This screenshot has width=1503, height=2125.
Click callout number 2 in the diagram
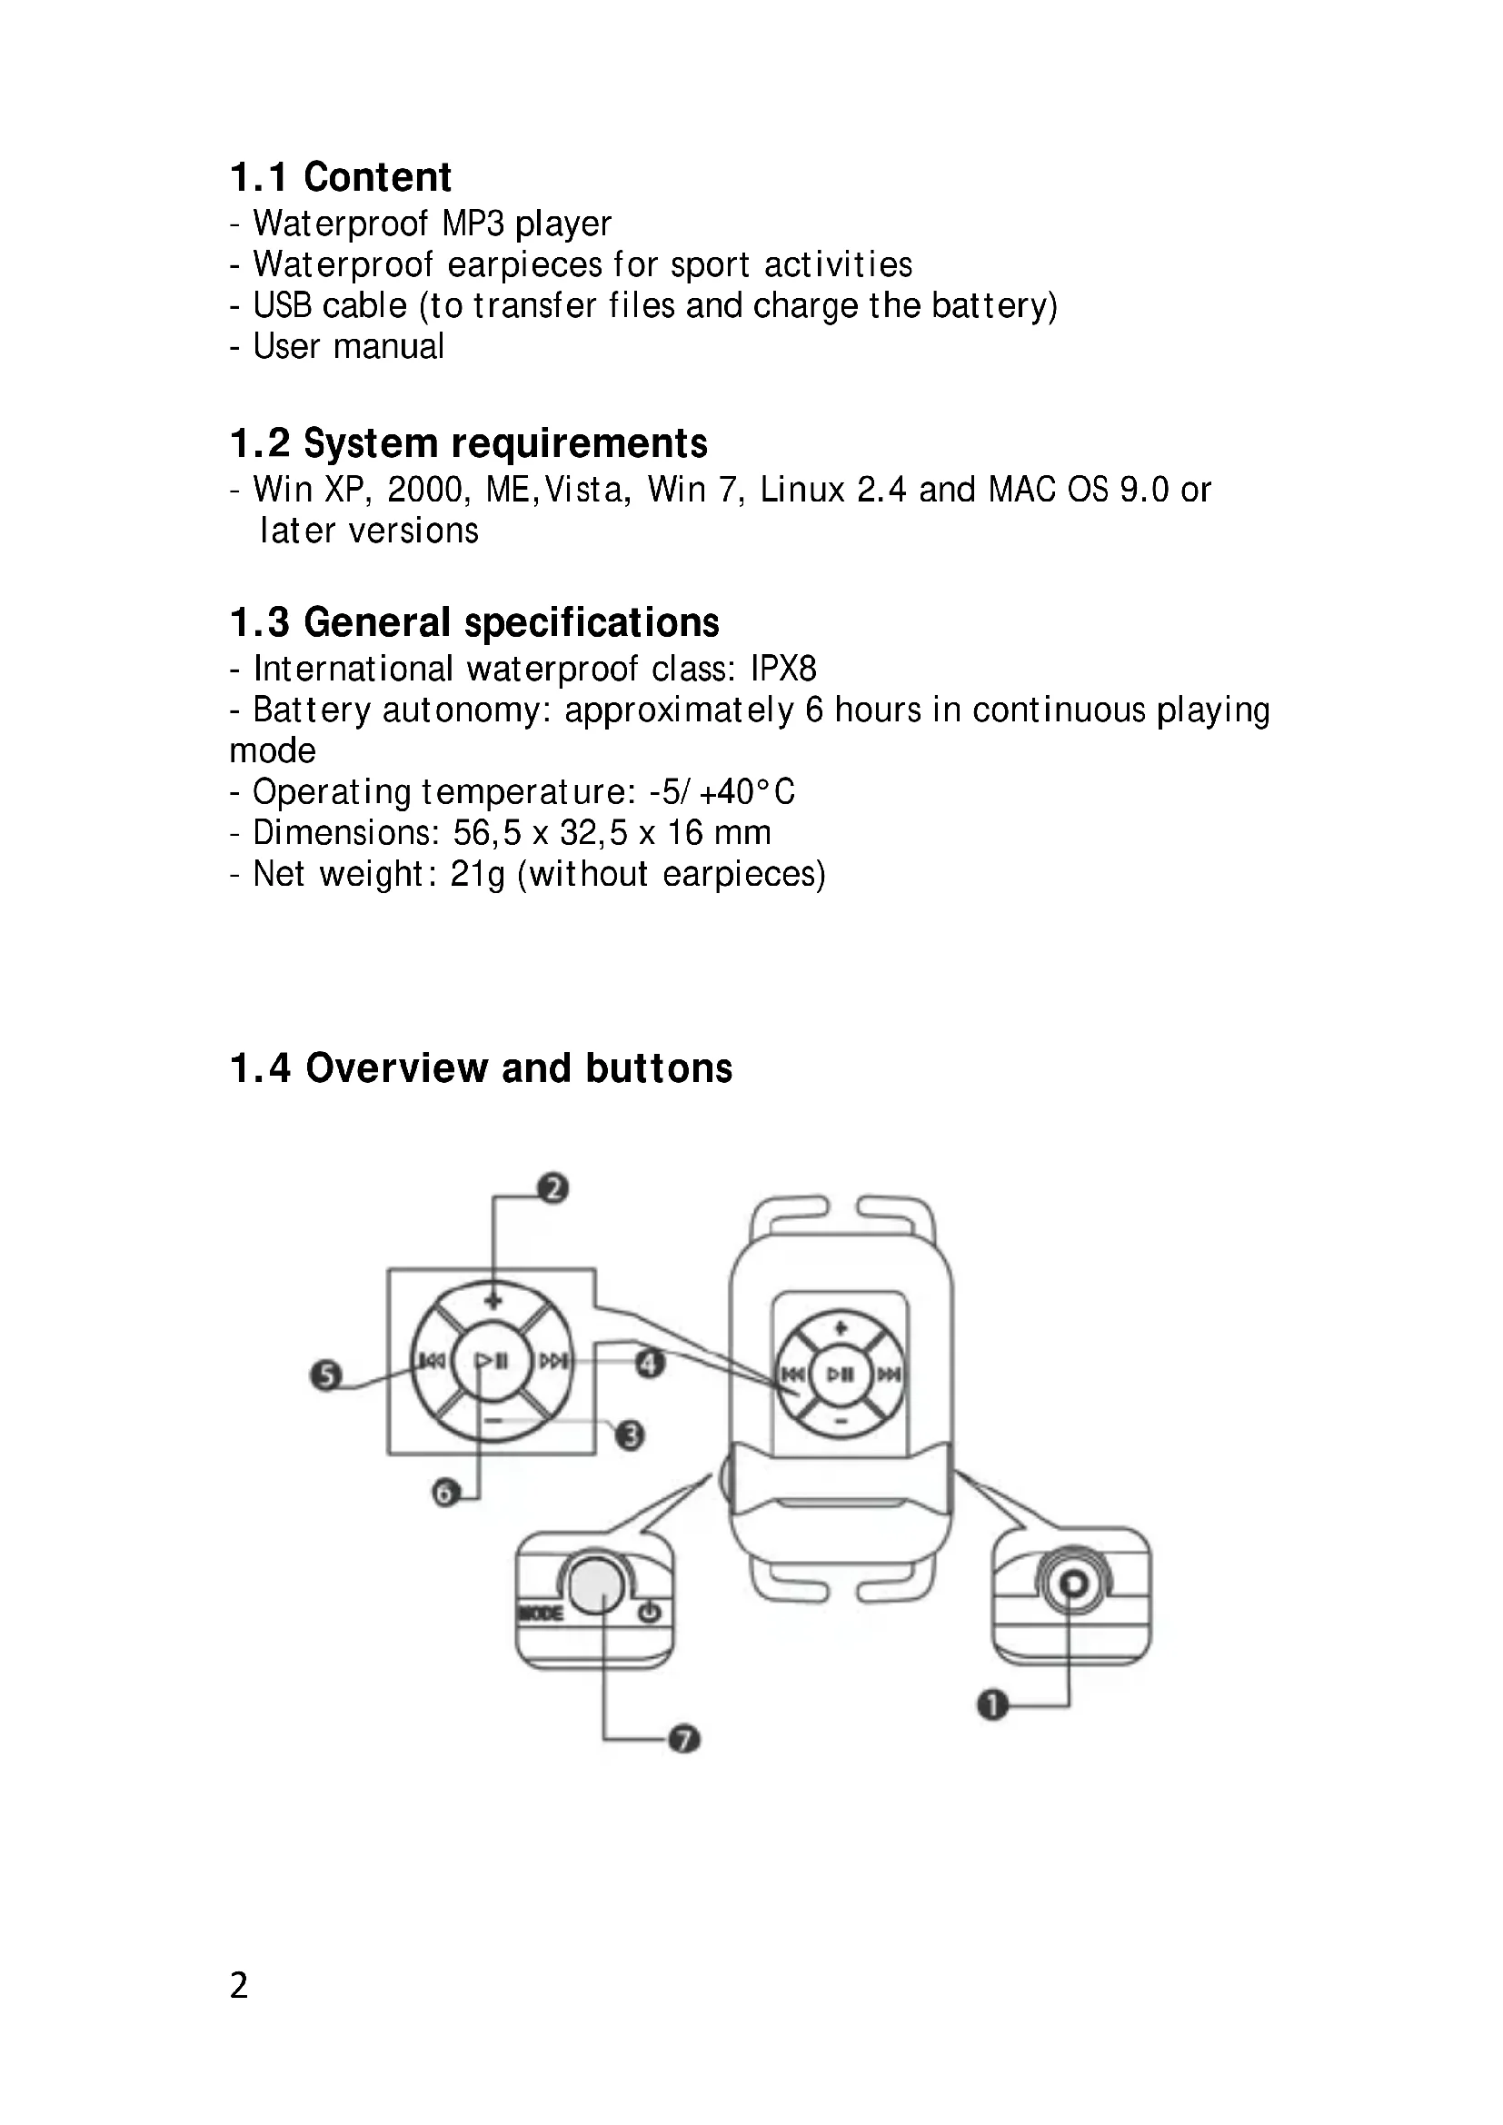pyautogui.click(x=552, y=1187)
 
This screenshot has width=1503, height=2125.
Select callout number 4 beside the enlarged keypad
pyautogui.click(x=650, y=1363)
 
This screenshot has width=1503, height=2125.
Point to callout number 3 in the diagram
pyautogui.click(x=631, y=1435)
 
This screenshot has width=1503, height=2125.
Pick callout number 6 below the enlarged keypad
pyautogui.click(x=446, y=1492)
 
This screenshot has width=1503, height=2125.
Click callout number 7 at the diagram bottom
pyautogui.click(x=684, y=1739)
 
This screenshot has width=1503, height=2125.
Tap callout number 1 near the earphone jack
pyautogui.click(x=992, y=1703)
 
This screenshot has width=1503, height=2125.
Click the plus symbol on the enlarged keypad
pyautogui.click(x=493, y=1299)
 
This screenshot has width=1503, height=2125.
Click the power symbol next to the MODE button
pyautogui.click(x=650, y=1614)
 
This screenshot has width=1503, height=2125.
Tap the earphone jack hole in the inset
pyautogui.click(x=1071, y=1584)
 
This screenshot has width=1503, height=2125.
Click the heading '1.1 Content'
pyautogui.click(x=341, y=177)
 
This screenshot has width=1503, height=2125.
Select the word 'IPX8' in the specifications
pyautogui.click(x=783, y=669)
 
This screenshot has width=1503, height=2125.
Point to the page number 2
pyautogui.click(x=239, y=1986)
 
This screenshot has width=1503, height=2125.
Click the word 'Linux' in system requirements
pyautogui.click(x=802, y=490)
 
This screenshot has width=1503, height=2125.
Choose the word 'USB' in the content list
pyautogui.click(x=283, y=305)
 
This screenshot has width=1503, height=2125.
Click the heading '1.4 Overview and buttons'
pyautogui.click(x=482, y=1068)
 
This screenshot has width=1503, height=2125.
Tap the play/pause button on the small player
pyautogui.click(x=841, y=1374)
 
